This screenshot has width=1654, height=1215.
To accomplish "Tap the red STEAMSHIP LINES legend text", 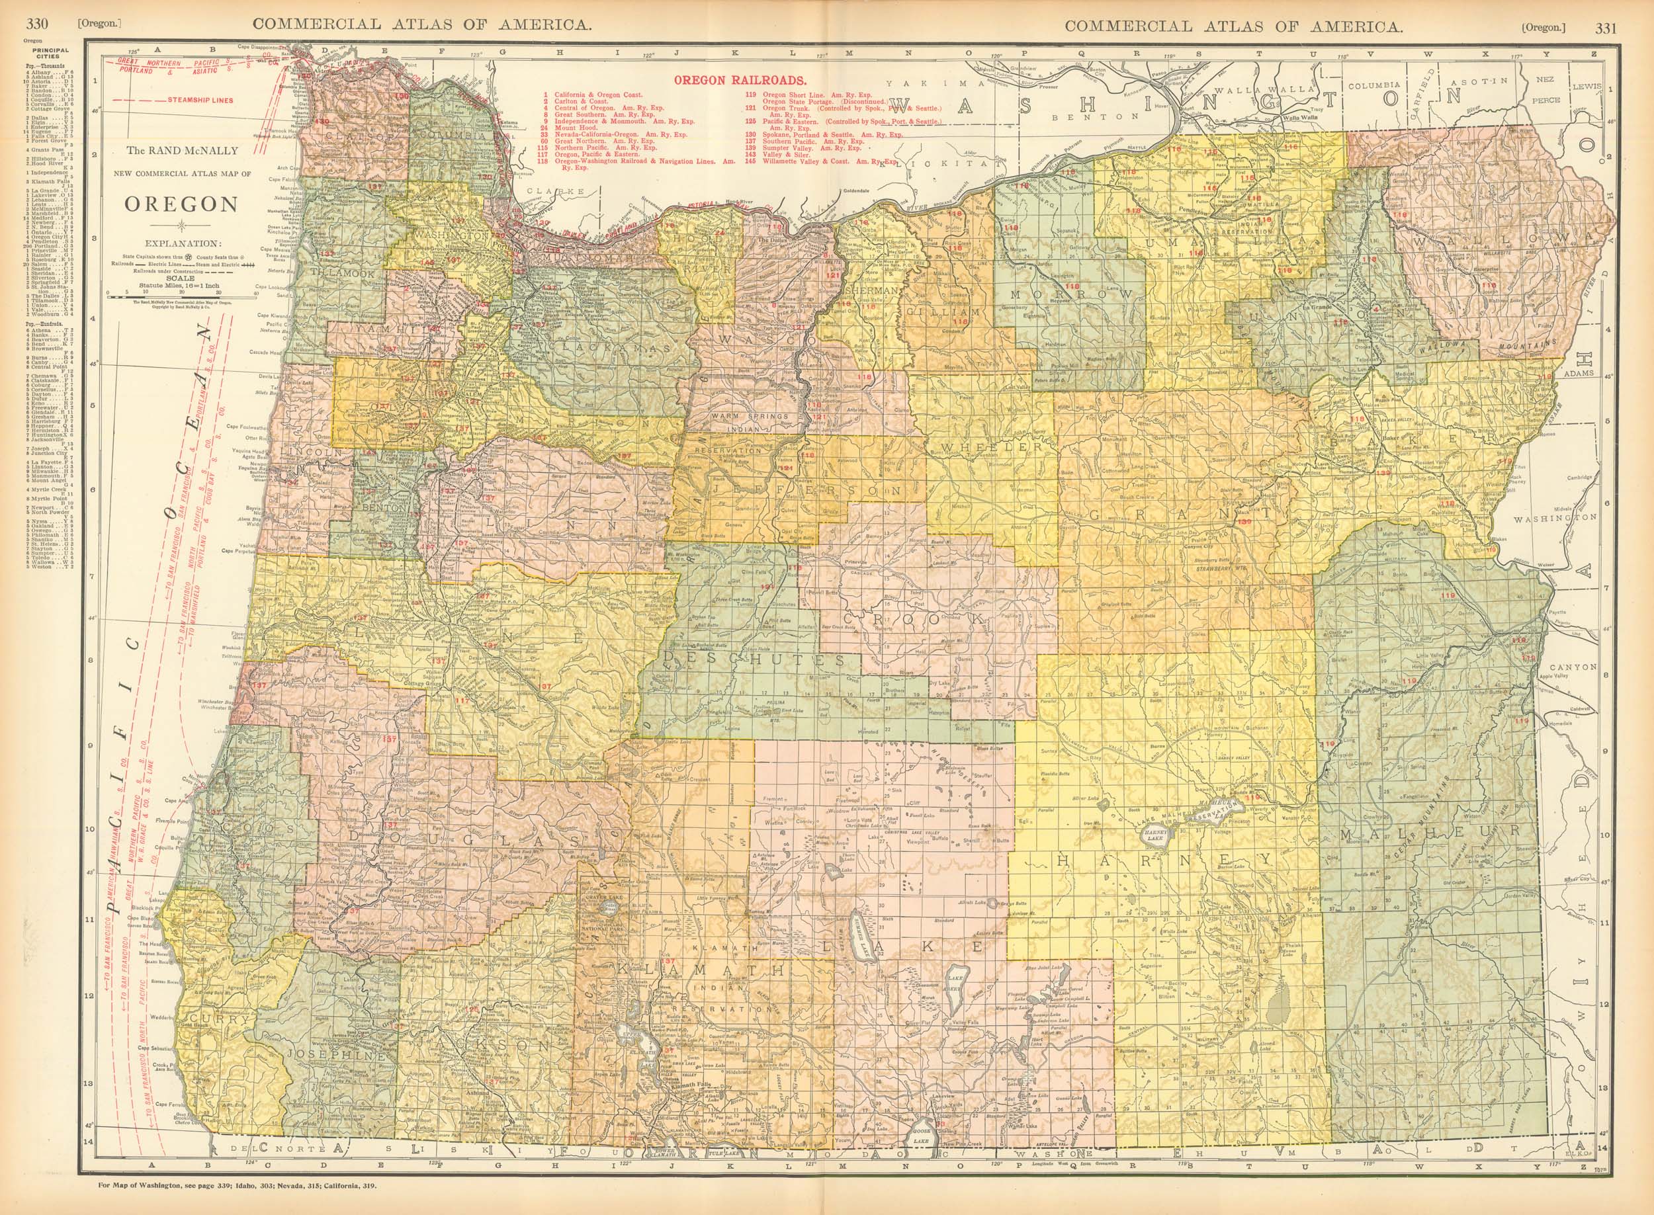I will pos(197,99).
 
